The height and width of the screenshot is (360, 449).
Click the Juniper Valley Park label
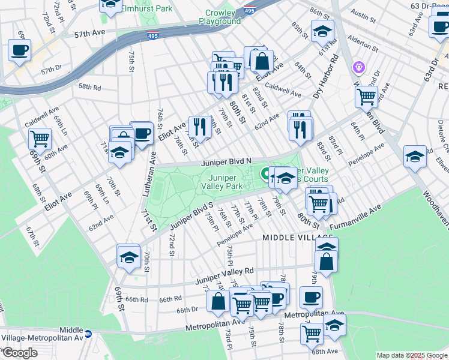pyautogui.click(x=226, y=182)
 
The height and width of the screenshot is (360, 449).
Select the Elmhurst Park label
pyautogui.click(x=147, y=8)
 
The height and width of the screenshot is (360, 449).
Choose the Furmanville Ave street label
pyautogui.click(x=355, y=218)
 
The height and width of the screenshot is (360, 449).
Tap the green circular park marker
pyautogui.click(x=264, y=174)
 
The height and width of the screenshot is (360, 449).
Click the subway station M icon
pyautogui.click(x=88, y=333)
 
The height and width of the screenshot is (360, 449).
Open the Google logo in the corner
pyautogui.click(x=20, y=352)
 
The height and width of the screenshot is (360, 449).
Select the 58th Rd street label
pyautogui.click(x=89, y=86)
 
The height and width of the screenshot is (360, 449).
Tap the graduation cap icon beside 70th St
pyautogui.click(x=128, y=257)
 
